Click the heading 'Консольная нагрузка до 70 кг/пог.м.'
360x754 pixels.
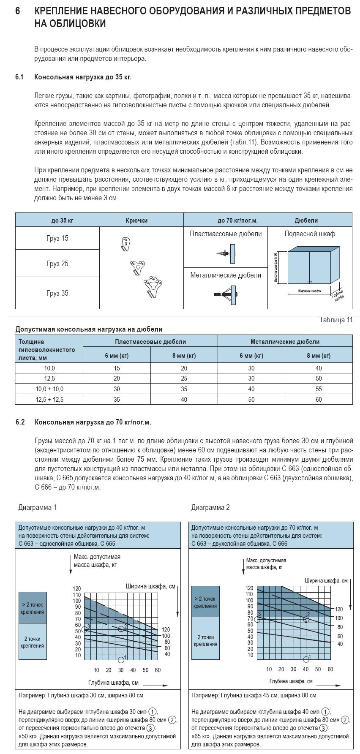click(x=93, y=422)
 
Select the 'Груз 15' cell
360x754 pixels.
click(x=57, y=238)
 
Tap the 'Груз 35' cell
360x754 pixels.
click(x=57, y=293)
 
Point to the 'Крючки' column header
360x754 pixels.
click(x=136, y=220)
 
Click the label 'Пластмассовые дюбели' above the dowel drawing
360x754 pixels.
click(x=226, y=234)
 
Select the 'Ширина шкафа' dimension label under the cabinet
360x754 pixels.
click(x=309, y=291)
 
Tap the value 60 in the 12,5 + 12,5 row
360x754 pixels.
click(x=319, y=399)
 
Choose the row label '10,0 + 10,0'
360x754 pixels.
click(x=49, y=389)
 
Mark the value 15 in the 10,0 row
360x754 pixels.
click(x=117, y=368)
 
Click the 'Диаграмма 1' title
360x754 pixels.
click(x=37, y=507)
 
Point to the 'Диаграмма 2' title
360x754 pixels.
click(x=210, y=507)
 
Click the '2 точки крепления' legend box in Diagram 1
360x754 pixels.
click(x=33, y=642)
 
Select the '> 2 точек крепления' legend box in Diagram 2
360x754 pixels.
click(x=205, y=602)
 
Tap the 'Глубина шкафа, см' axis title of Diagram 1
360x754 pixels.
click(x=113, y=683)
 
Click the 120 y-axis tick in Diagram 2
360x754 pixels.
click(x=250, y=588)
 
